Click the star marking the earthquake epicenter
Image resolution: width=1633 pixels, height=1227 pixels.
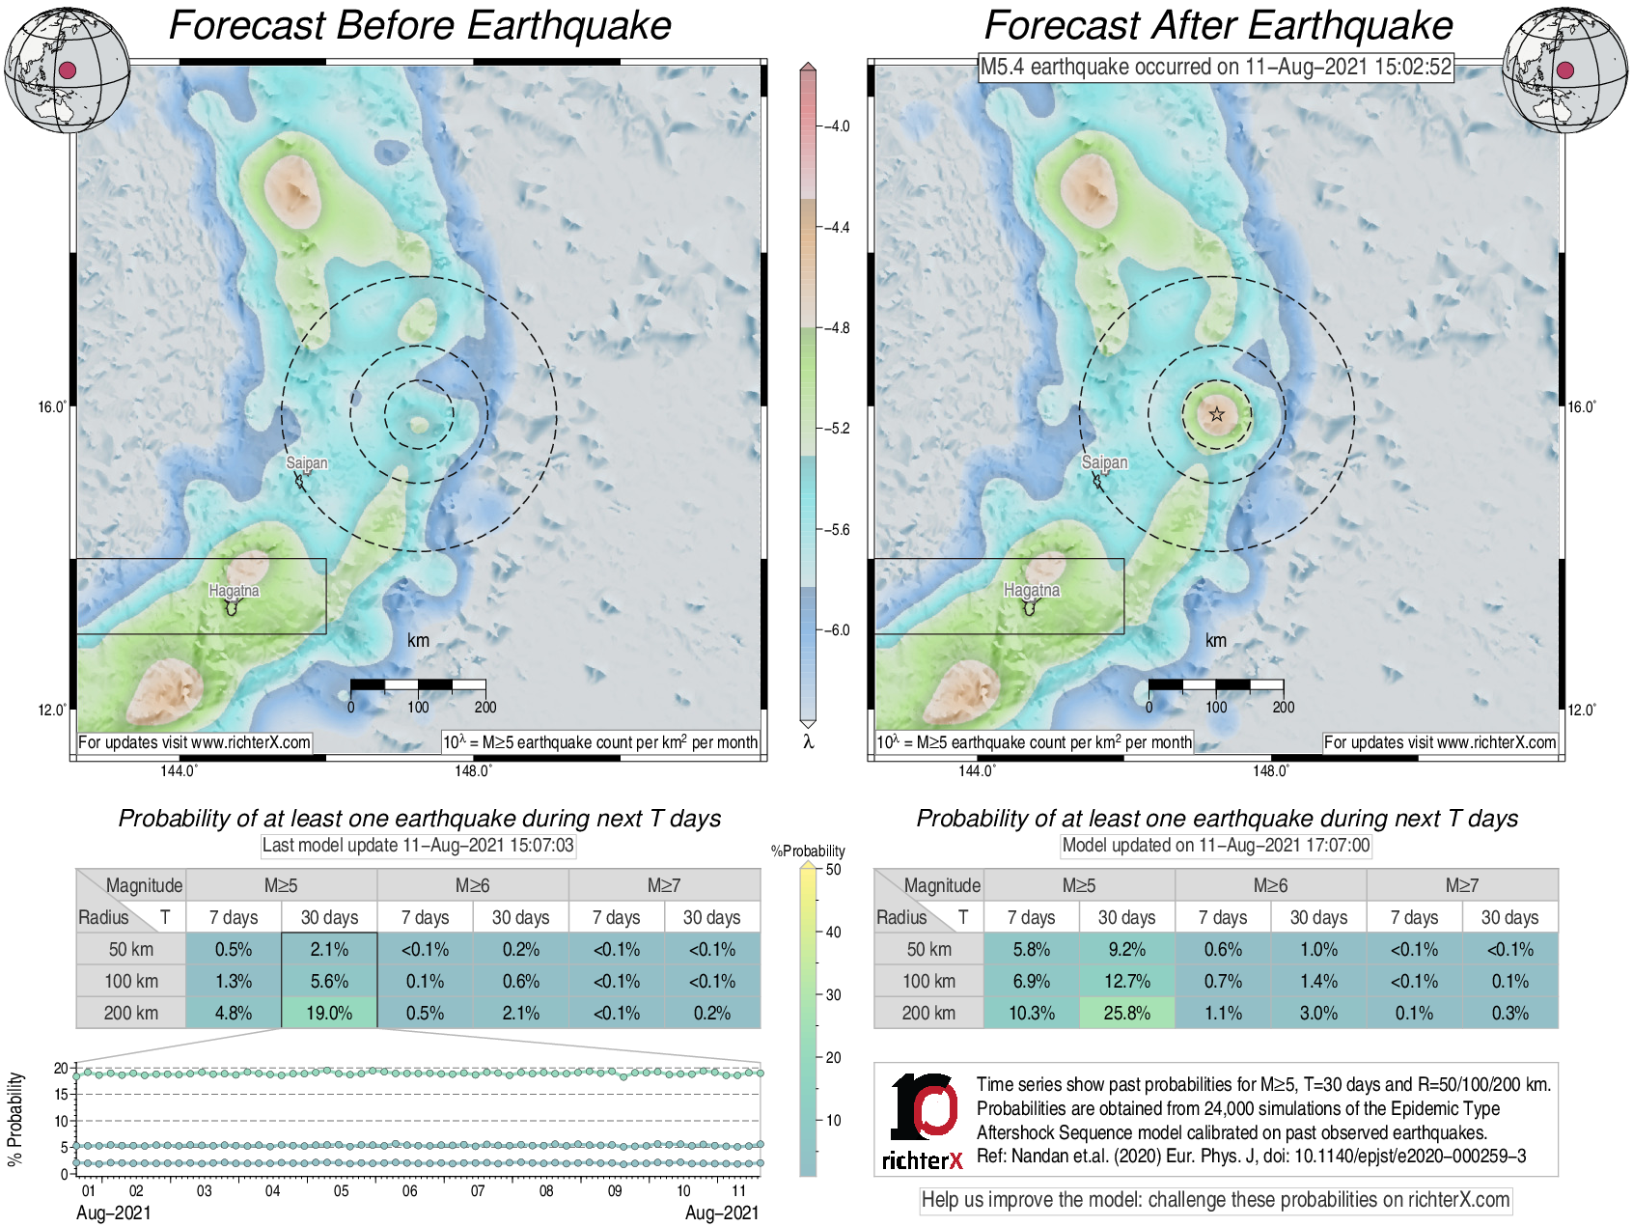coord(1217,414)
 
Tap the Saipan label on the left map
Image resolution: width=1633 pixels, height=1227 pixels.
coord(307,462)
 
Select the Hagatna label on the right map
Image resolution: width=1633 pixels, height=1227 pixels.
coord(1032,590)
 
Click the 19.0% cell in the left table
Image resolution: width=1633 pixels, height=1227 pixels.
coord(329,1013)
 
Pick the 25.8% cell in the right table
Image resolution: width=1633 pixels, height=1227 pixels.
coord(1126,1013)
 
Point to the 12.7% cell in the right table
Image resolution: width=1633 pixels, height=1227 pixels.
coord(1126,981)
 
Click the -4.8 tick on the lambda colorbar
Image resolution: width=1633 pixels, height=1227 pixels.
coord(838,328)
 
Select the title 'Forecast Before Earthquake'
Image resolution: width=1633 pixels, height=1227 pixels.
coord(420,26)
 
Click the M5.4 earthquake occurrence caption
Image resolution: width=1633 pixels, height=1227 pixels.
coord(1215,67)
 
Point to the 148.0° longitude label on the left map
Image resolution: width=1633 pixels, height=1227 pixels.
coord(473,770)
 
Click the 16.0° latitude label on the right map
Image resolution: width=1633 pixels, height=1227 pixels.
coord(1581,406)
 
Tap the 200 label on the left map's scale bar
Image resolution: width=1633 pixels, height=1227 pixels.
coord(485,707)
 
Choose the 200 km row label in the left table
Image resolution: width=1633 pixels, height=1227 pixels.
coord(131,1013)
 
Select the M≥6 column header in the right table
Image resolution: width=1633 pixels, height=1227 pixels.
coord(1270,885)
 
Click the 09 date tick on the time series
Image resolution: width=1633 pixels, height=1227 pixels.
coord(615,1191)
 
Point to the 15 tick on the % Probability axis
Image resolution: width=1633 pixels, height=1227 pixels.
coord(62,1095)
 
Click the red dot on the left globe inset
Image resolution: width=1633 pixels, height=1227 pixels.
coord(68,70)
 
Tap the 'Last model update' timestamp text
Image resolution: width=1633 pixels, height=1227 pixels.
coord(418,846)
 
